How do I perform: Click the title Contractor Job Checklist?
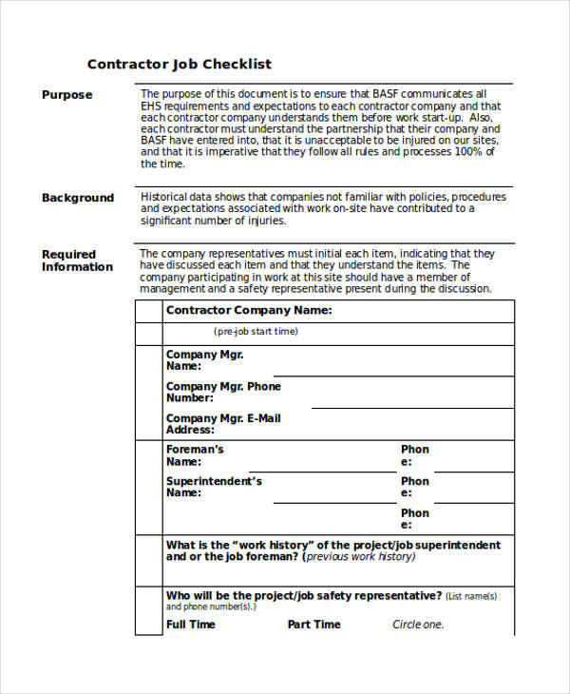[180, 65]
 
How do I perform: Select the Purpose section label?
[67, 95]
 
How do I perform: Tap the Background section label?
[78, 198]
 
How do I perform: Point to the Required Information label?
[77, 260]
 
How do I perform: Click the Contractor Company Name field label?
[249, 310]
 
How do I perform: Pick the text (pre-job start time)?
[256, 332]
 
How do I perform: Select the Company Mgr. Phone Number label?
[223, 392]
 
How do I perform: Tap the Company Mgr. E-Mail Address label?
[223, 424]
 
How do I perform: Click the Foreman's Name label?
[195, 454]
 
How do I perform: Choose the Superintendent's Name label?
[214, 487]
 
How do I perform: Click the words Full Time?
[191, 625]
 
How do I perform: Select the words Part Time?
[314, 625]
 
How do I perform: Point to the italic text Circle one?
[418, 625]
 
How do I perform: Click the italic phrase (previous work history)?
[360, 557]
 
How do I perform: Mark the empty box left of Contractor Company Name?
[149, 311]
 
